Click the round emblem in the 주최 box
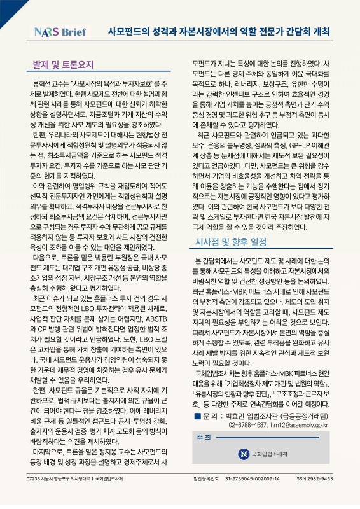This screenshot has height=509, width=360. point(243,454)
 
